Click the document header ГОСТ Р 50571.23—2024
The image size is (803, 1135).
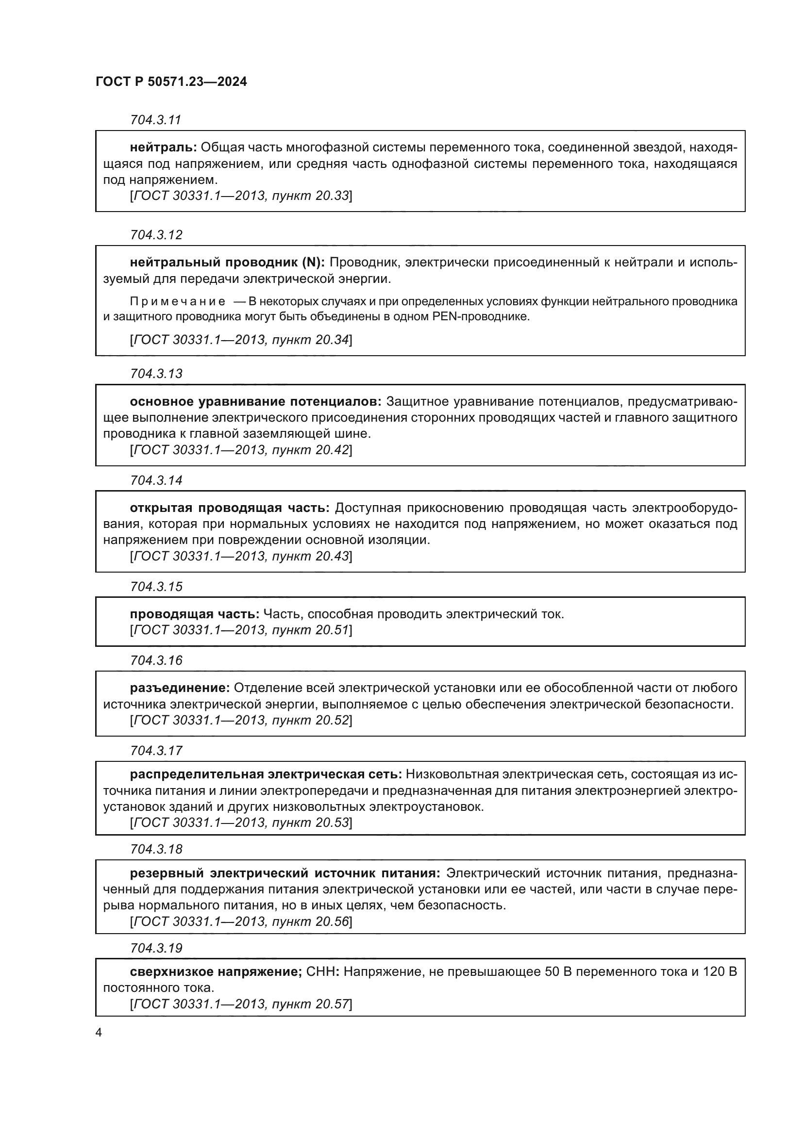point(171,82)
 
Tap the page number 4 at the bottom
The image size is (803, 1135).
point(99,1032)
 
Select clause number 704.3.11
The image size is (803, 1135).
point(156,120)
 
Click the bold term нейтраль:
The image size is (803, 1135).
point(163,148)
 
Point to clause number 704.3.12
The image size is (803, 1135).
point(156,235)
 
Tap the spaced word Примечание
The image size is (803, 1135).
point(178,301)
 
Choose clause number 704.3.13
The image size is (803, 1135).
point(156,374)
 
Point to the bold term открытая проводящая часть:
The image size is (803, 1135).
point(230,508)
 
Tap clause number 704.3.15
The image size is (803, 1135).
point(156,587)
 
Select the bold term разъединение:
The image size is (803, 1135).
point(180,688)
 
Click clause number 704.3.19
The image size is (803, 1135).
point(156,948)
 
